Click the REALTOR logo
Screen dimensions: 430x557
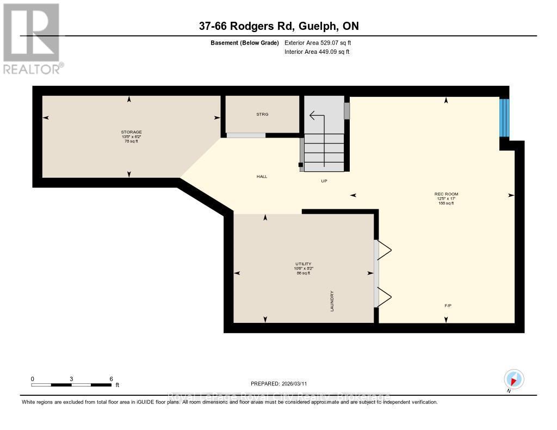(32, 38)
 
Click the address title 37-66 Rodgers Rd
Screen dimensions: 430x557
(278, 26)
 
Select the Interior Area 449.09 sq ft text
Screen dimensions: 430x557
(317, 52)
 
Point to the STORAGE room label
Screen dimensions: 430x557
(131, 132)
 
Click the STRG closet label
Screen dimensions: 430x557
(262, 114)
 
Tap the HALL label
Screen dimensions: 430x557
(262, 177)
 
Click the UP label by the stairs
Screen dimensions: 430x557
(324, 180)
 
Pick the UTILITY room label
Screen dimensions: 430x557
(303, 264)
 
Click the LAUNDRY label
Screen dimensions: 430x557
(331, 301)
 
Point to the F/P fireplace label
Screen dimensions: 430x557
(448, 306)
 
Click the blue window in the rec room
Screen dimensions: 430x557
(505, 117)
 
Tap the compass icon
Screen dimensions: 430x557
(513, 379)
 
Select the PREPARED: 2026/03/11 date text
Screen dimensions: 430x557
(282, 383)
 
